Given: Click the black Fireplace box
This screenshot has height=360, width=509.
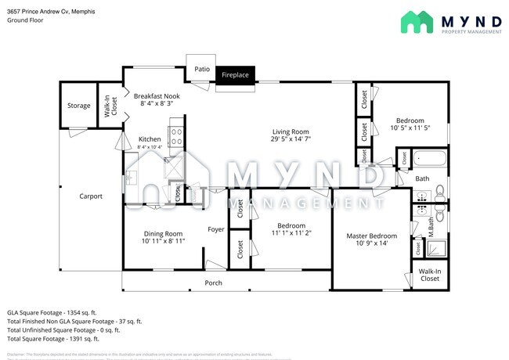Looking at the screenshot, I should (235, 75).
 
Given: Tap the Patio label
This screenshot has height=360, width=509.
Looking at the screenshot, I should (201, 70).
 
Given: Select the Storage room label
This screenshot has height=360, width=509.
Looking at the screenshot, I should (78, 106).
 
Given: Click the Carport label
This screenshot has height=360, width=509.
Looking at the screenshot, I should (91, 196).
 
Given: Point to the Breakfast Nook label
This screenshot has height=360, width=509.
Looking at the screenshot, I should (156, 95).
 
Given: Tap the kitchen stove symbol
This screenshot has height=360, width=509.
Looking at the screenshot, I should (176, 138).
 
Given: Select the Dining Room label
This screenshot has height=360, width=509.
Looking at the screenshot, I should (162, 233).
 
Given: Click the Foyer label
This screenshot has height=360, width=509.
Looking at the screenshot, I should (216, 229).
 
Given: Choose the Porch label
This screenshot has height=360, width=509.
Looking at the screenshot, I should (213, 283).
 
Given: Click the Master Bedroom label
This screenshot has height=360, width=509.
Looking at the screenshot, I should (372, 236).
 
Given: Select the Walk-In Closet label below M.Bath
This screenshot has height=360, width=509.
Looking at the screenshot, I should (430, 275).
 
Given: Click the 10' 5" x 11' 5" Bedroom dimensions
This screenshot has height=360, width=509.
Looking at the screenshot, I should (410, 128).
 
